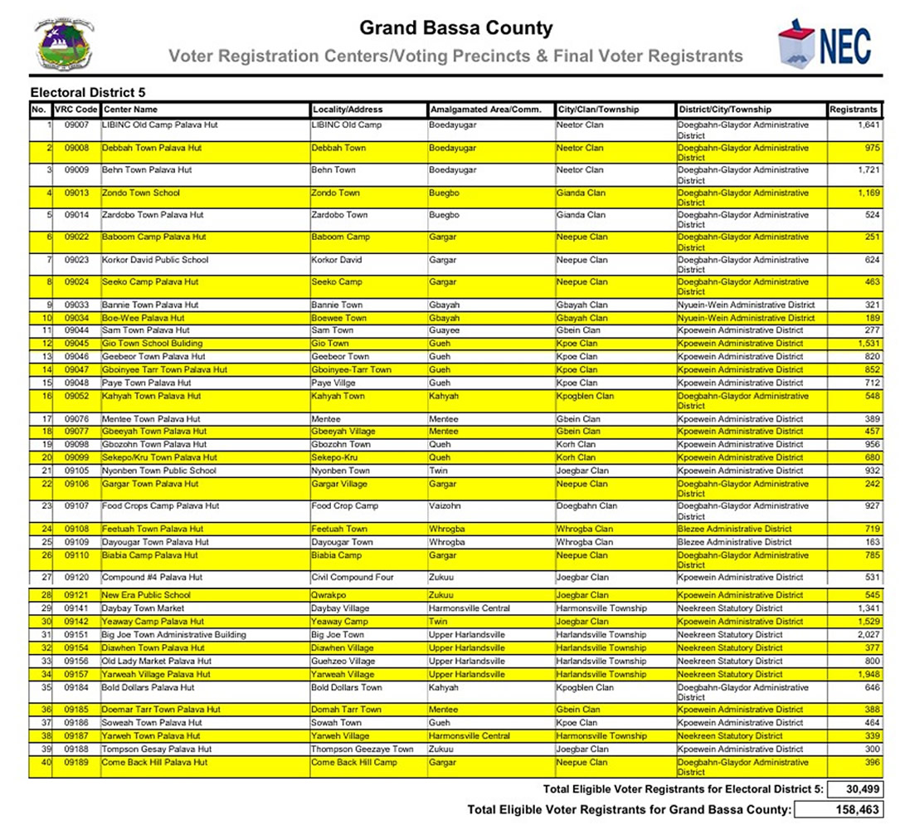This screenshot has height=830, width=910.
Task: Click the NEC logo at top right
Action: coord(825,43)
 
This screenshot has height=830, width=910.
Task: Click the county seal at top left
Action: coord(65,43)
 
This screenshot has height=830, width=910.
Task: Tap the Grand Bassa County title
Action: coord(455,28)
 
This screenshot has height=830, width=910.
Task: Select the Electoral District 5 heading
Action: coord(88,92)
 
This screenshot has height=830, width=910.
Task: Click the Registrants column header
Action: coord(854,110)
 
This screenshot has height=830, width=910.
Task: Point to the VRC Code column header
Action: coord(76,110)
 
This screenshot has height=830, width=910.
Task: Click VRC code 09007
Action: coord(76,125)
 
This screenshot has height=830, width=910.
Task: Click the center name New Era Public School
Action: coord(146,595)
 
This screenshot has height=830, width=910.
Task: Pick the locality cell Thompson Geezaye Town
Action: coord(362,749)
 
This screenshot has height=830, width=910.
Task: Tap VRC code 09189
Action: coord(76,763)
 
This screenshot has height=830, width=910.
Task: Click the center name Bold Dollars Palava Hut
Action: coord(148,688)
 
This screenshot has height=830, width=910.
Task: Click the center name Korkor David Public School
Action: coord(155,260)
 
